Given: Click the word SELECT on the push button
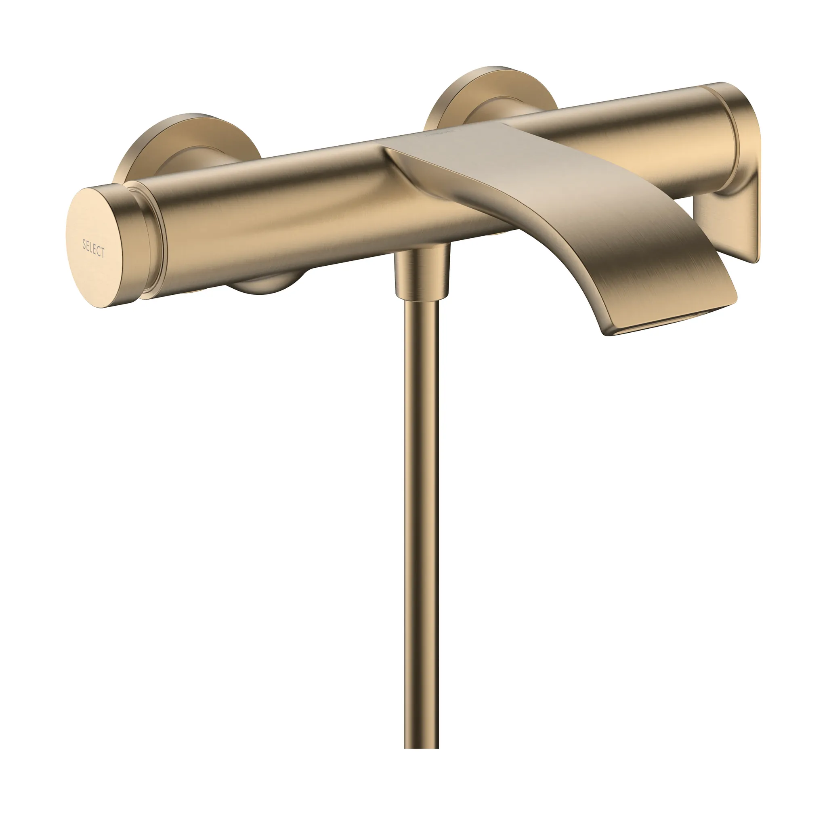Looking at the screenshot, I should (93, 248).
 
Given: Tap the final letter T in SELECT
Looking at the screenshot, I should (103, 253).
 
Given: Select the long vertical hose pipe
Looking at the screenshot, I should (421, 513).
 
